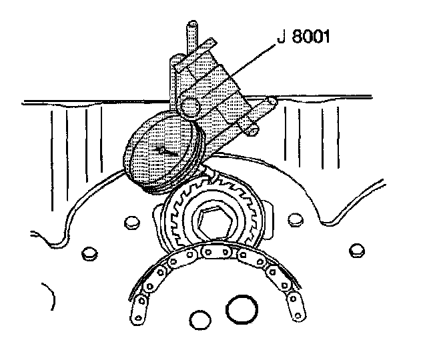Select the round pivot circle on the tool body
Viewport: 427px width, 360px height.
tap(191, 107)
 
